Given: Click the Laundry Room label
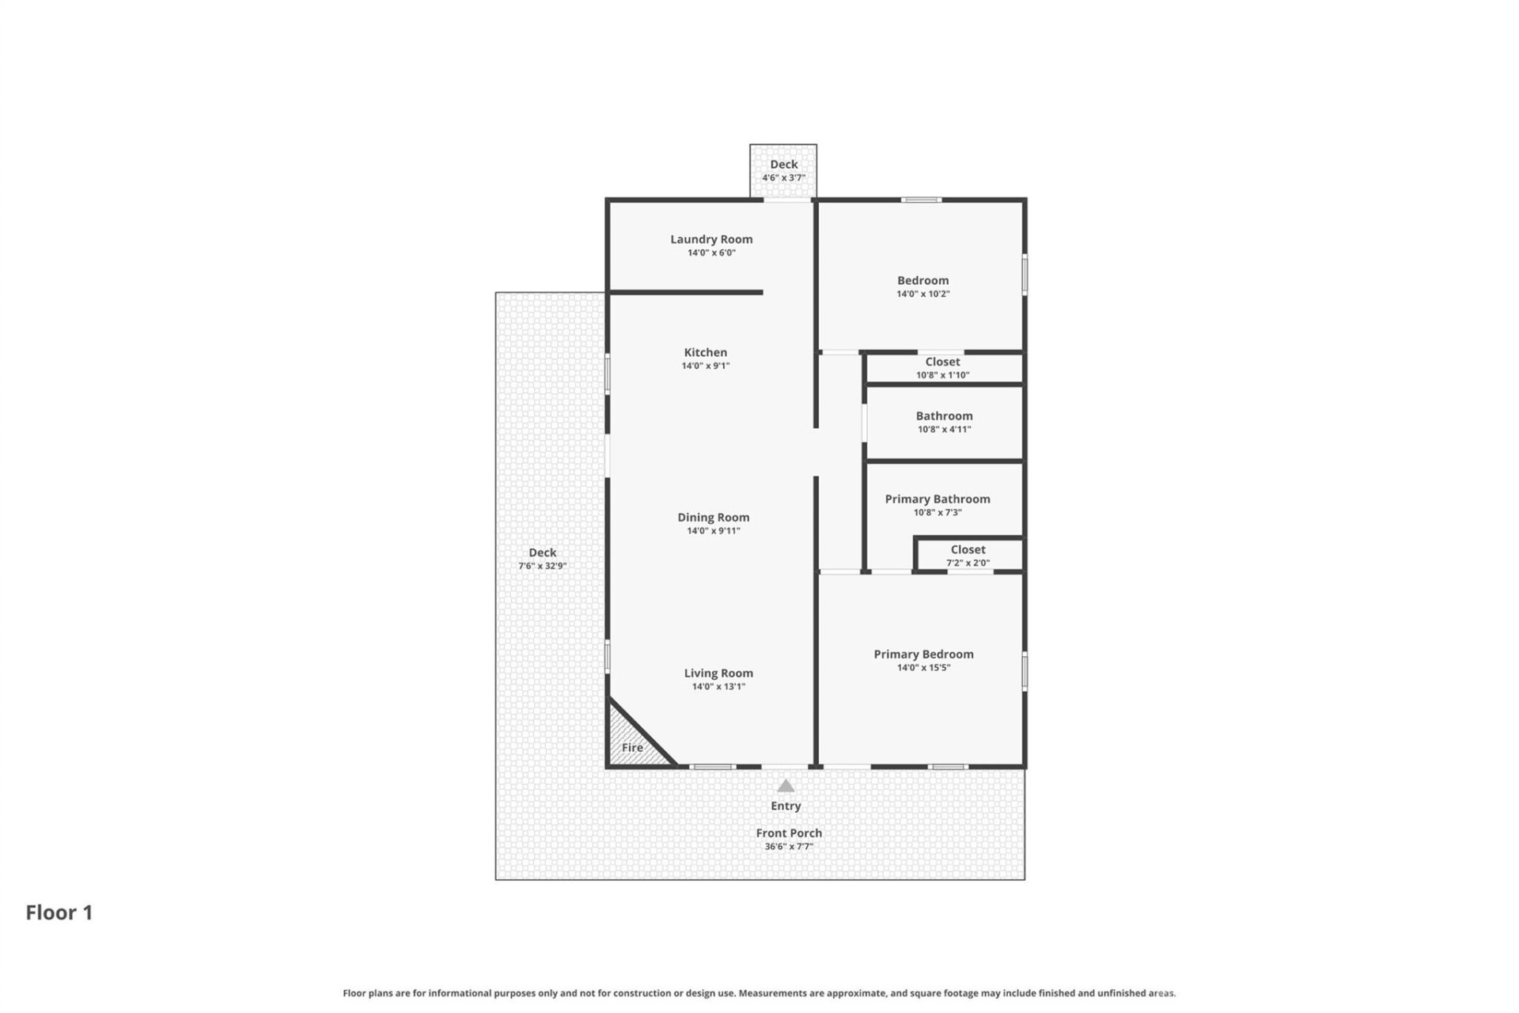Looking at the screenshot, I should pos(711,239).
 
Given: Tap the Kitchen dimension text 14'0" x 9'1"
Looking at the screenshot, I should pos(706,366).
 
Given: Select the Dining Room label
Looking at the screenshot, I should pos(713,518).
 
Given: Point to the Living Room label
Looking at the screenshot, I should pos(718,673).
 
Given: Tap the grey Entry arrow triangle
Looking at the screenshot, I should pos(786,786).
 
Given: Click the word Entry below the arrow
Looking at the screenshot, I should pos(786,806).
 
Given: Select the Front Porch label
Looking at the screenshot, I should pos(789,833).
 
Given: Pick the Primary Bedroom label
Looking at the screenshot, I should pos(923,654).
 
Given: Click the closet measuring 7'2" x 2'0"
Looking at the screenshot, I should pos(968,556).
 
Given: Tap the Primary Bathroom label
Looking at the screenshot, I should pos(938,499).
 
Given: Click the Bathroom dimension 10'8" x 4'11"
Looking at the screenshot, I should pos(944,429).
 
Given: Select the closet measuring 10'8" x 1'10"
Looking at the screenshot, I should pos(942,368).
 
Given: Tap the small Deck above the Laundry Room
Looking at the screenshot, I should pos(783,170).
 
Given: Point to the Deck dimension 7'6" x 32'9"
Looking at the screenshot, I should pos(543,566).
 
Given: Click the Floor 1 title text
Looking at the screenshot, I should pos(59,912).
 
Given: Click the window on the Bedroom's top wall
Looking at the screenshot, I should pos(922,199).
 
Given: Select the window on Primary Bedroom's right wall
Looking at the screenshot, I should pos(1025,670).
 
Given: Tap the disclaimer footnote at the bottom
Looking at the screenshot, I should pos(759,992).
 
